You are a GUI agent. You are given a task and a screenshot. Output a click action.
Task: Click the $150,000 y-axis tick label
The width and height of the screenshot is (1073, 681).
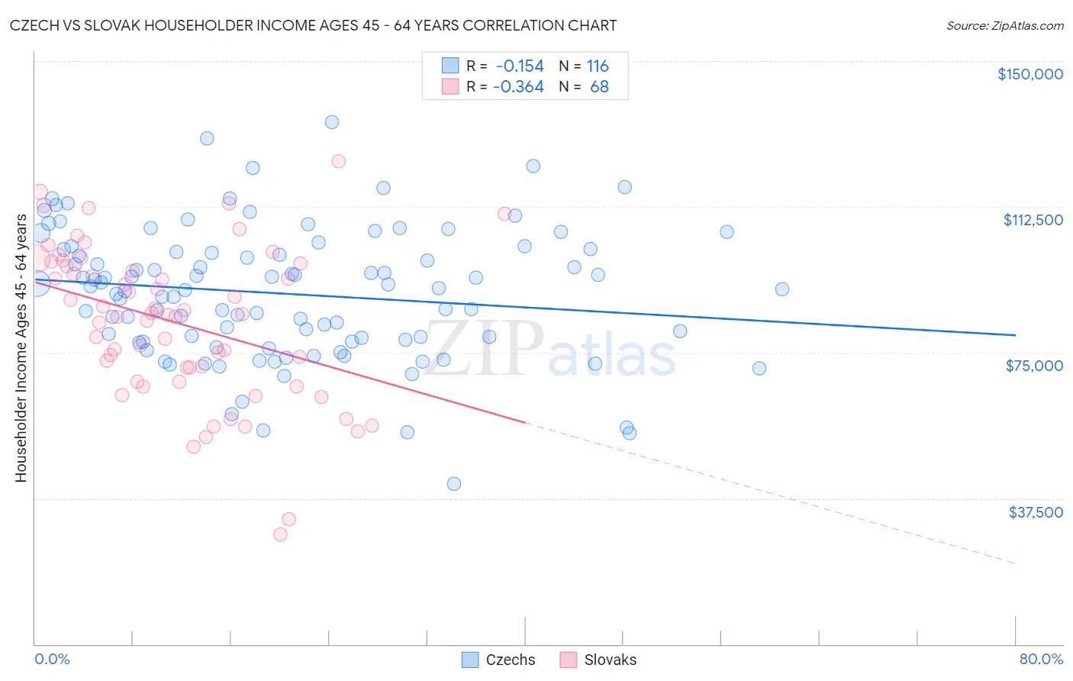point(1029,74)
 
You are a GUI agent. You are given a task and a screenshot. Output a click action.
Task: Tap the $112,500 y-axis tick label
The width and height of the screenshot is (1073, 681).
point(1033,220)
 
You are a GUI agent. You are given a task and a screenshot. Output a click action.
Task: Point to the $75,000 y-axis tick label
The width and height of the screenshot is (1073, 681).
point(1034,366)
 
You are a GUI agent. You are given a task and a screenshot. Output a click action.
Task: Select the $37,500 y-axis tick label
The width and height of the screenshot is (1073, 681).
point(1036,512)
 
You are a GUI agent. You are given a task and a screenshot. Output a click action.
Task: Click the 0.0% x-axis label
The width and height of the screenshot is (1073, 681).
point(52,659)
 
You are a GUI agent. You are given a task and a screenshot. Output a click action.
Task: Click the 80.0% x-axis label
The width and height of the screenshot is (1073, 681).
point(1041,659)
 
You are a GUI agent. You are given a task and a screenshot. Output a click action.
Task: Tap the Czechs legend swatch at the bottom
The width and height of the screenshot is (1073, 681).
point(470,660)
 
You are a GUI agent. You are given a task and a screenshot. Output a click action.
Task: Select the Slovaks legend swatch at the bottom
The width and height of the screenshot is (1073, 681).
point(568,660)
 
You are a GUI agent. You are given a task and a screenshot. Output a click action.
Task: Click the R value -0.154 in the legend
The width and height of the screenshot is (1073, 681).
point(520,66)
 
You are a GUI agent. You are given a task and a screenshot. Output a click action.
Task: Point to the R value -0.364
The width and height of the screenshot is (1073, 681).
point(518,87)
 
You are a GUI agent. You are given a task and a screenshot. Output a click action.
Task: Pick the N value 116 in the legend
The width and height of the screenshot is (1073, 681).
point(598,66)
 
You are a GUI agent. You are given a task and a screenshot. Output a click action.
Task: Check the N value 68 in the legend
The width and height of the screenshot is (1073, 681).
point(599,87)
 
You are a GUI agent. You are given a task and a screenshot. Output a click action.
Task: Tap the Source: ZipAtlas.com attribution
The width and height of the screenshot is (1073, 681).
point(1004,26)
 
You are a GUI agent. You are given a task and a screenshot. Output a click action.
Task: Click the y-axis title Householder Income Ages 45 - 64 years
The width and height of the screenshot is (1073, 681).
point(21,348)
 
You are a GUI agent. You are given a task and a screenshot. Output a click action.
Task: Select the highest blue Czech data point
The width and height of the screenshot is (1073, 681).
point(331,122)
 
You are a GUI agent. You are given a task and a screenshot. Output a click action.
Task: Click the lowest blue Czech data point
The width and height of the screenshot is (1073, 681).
point(453,483)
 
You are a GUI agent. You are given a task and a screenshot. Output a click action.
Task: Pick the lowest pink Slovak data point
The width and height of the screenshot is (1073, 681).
point(280,534)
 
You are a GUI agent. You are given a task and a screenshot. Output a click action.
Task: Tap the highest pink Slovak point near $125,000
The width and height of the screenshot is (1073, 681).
point(338,161)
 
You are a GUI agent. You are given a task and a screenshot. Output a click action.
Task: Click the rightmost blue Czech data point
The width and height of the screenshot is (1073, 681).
point(781,289)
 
